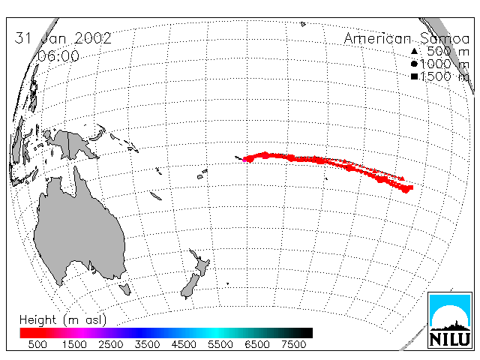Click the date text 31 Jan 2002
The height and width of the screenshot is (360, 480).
tap(63, 38)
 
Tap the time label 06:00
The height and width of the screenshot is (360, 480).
tap(58, 56)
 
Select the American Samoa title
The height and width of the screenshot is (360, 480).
tap(406, 38)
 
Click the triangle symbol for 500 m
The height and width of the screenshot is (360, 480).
tap(414, 51)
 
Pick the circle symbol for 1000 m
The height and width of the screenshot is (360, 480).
tap(414, 64)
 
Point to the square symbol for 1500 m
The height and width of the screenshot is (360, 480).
tap(414, 76)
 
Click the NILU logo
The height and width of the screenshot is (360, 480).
tap(450, 320)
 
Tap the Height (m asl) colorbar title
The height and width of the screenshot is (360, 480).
tap(63, 320)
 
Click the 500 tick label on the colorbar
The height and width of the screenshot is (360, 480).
tap(37, 344)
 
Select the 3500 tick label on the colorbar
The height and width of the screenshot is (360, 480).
tap(147, 344)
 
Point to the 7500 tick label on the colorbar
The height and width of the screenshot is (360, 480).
tap(293, 344)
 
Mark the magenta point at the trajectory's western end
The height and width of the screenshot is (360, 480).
tap(244, 160)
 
